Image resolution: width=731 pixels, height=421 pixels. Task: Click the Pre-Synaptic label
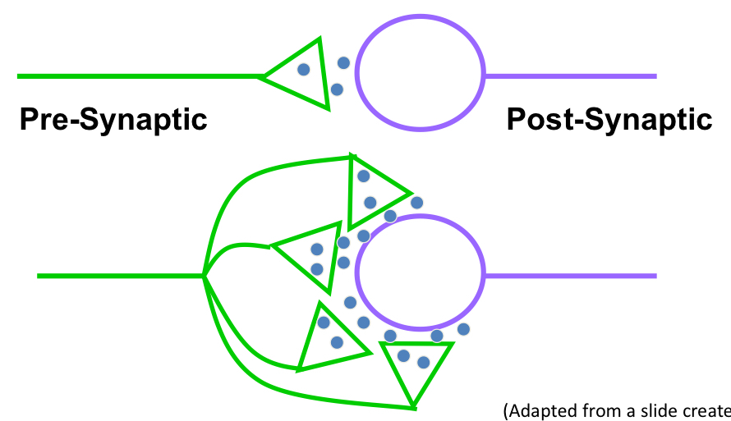[x=113, y=120]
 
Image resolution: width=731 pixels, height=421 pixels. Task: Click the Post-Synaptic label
[x=609, y=120]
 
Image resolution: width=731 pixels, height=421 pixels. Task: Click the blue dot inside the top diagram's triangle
[x=304, y=70]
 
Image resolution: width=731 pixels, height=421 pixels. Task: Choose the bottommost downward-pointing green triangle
[x=416, y=367]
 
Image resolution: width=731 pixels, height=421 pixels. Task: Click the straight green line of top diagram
[x=140, y=77]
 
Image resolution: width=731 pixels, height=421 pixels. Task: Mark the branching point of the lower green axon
[x=204, y=276]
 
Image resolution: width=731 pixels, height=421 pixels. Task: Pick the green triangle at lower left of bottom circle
[x=325, y=338]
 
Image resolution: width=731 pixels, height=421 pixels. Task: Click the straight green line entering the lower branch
[x=119, y=276]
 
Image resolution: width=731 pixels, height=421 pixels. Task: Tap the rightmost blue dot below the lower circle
[x=463, y=329]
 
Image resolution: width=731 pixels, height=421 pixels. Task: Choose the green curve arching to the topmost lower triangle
[x=246, y=177]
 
